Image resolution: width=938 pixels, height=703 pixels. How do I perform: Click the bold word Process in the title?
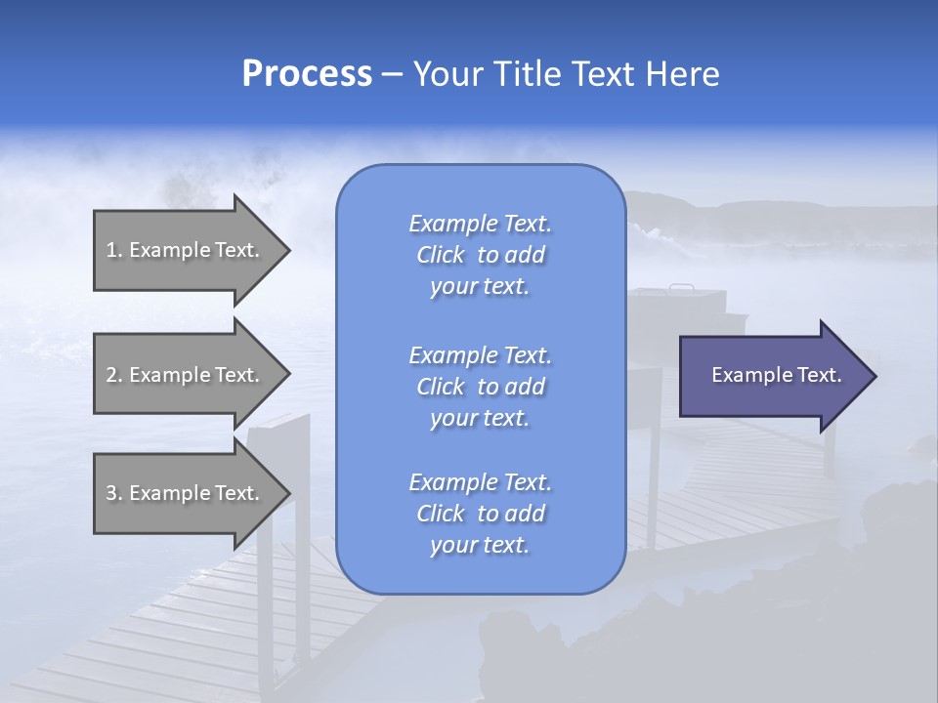pos(307,74)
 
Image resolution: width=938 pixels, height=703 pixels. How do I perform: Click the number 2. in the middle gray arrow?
pos(113,375)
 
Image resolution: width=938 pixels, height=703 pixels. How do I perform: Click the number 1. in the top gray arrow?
pos(113,250)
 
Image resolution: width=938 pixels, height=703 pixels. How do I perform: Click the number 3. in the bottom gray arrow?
pos(113,493)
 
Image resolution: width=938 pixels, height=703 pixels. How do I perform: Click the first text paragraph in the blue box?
pos(480,255)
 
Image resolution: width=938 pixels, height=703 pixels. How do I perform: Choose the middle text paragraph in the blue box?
pos(480,387)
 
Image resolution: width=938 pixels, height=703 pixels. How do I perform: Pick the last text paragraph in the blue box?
pos(480,514)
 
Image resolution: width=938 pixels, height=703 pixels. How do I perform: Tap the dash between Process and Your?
pos(392,75)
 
